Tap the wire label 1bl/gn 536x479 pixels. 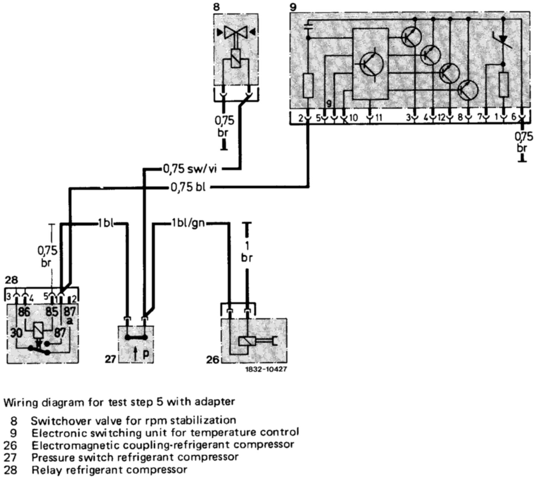click(x=188, y=224)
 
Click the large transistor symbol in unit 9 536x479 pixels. click(x=373, y=64)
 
